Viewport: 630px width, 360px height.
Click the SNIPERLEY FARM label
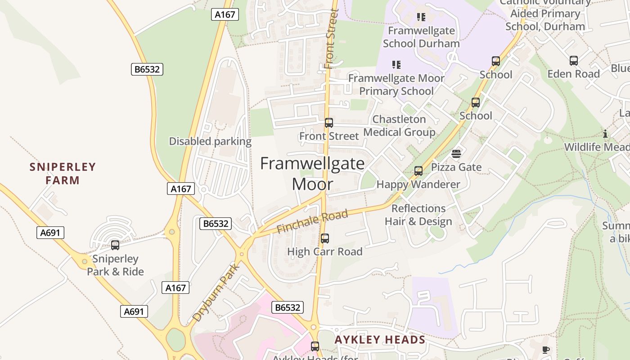click(63, 174)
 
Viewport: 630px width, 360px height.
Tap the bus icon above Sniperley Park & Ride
click(115, 245)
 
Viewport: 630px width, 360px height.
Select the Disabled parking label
click(210, 141)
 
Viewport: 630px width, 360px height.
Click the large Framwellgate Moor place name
click(313, 173)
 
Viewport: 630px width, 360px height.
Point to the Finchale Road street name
click(312, 221)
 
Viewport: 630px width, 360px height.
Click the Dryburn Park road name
click(216, 292)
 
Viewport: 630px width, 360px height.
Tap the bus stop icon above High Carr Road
click(325, 238)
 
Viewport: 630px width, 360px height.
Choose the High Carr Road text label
click(325, 252)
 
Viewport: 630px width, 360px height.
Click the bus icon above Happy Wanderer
click(418, 171)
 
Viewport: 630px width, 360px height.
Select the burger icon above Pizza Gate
click(456, 154)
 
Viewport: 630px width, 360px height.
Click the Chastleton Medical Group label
click(399, 126)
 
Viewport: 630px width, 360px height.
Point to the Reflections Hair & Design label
click(418, 215)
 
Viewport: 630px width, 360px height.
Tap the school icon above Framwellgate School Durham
click(421, 17)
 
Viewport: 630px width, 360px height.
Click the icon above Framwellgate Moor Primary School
click(396, 65)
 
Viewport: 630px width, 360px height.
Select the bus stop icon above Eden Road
click(574, 61)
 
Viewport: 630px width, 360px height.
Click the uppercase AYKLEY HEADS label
click(380, 340)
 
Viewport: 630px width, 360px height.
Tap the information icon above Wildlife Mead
click(605, 134)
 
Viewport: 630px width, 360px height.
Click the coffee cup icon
click(546, 350)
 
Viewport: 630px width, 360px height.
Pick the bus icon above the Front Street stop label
click(329, 123)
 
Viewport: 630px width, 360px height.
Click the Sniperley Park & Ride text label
click(115, 265)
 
